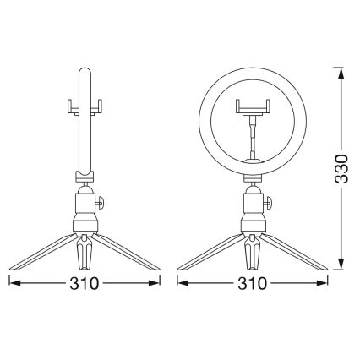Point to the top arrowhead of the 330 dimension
[340, 72]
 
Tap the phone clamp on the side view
[85, 107]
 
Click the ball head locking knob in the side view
[102, 203]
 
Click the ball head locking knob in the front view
[270, 203]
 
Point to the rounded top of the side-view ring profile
[85, 71]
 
